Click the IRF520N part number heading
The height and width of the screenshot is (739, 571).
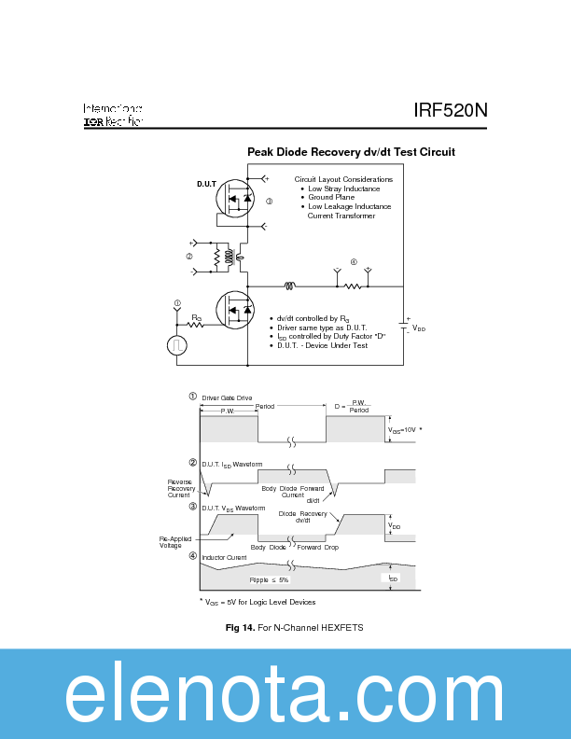(x=451, y=111)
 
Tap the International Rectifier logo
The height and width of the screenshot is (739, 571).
(x=113, y=115)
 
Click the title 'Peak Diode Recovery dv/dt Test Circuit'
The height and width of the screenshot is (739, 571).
(x=351, y=151)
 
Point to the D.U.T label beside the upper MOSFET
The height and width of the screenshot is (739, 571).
(x=206, y=184)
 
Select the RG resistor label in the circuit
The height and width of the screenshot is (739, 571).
(x=197, y=317)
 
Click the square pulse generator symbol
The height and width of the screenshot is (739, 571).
(x=177, y=345)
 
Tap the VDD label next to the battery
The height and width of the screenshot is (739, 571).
(x=419, y=328)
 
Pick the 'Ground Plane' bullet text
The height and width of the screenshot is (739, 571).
(x=331, y=198)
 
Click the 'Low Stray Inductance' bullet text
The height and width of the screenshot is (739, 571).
(x=343, y=188)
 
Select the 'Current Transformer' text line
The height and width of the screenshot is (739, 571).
(x=341, y=216)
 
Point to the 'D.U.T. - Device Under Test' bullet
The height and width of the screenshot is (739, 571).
(x=322, y=345)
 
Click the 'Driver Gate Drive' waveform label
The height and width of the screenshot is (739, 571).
(x=227, y=397)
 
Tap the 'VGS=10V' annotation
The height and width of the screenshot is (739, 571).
(x=405, y=429)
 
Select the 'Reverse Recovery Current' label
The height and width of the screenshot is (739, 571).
(x=181, y=488)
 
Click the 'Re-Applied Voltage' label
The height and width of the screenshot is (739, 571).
(x=177, y=542)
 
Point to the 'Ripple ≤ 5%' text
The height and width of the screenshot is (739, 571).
(x=271, y=579)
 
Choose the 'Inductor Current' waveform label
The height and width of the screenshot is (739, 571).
(x=224, y=557)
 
